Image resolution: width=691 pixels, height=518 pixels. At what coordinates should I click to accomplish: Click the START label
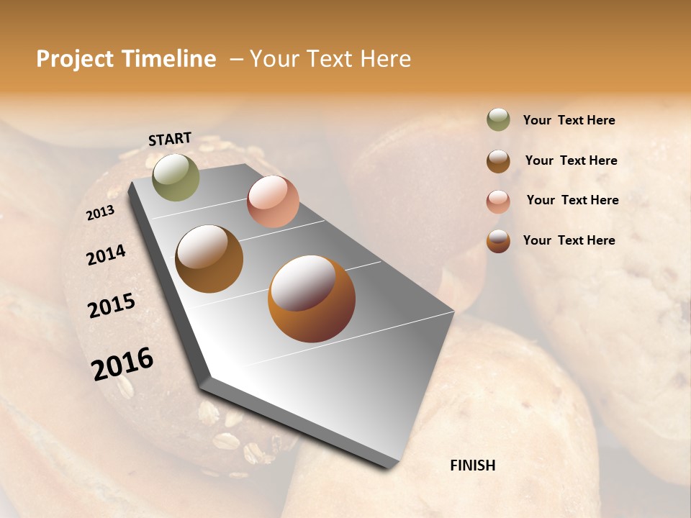click(x=170, y=139)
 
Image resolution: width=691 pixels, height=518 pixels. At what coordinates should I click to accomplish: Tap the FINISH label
click(x=473, y=465)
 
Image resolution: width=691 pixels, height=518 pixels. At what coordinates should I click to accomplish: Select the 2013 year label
click(x=100, y=213)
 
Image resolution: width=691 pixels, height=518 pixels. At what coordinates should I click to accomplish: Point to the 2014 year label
click(x=106, y=255)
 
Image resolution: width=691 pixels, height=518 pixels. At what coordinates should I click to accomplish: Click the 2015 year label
click(x=112, y=306)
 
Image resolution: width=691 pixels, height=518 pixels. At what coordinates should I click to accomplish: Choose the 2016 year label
click(x=122, y=363)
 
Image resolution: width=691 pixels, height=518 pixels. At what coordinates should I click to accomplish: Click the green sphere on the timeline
click(x=176, y=177)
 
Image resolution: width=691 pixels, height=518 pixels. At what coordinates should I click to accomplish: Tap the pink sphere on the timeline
click(x=273, y=201)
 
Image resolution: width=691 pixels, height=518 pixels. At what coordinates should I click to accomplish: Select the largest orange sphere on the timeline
click(x=312, y=299)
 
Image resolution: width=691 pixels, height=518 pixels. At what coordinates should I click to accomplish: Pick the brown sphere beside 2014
click(x=209, y=259)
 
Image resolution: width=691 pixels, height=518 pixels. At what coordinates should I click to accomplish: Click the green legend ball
click(x=498, y=120)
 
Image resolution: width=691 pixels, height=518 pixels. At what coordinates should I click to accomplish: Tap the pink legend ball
click(x=498, y=201)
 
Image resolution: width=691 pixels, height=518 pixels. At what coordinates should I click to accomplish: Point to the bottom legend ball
click(x=498, y=241)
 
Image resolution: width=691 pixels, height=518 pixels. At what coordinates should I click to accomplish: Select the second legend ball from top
click(x=498, y=160)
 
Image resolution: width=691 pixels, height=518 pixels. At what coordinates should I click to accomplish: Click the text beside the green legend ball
click(x=569, y=120)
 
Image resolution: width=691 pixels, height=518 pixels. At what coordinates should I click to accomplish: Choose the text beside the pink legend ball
click(x=572, y=200)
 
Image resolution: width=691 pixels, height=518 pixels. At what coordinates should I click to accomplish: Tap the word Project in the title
click(x=75, y=59)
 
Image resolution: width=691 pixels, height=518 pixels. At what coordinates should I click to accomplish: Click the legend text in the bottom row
click(x=569, y=240)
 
